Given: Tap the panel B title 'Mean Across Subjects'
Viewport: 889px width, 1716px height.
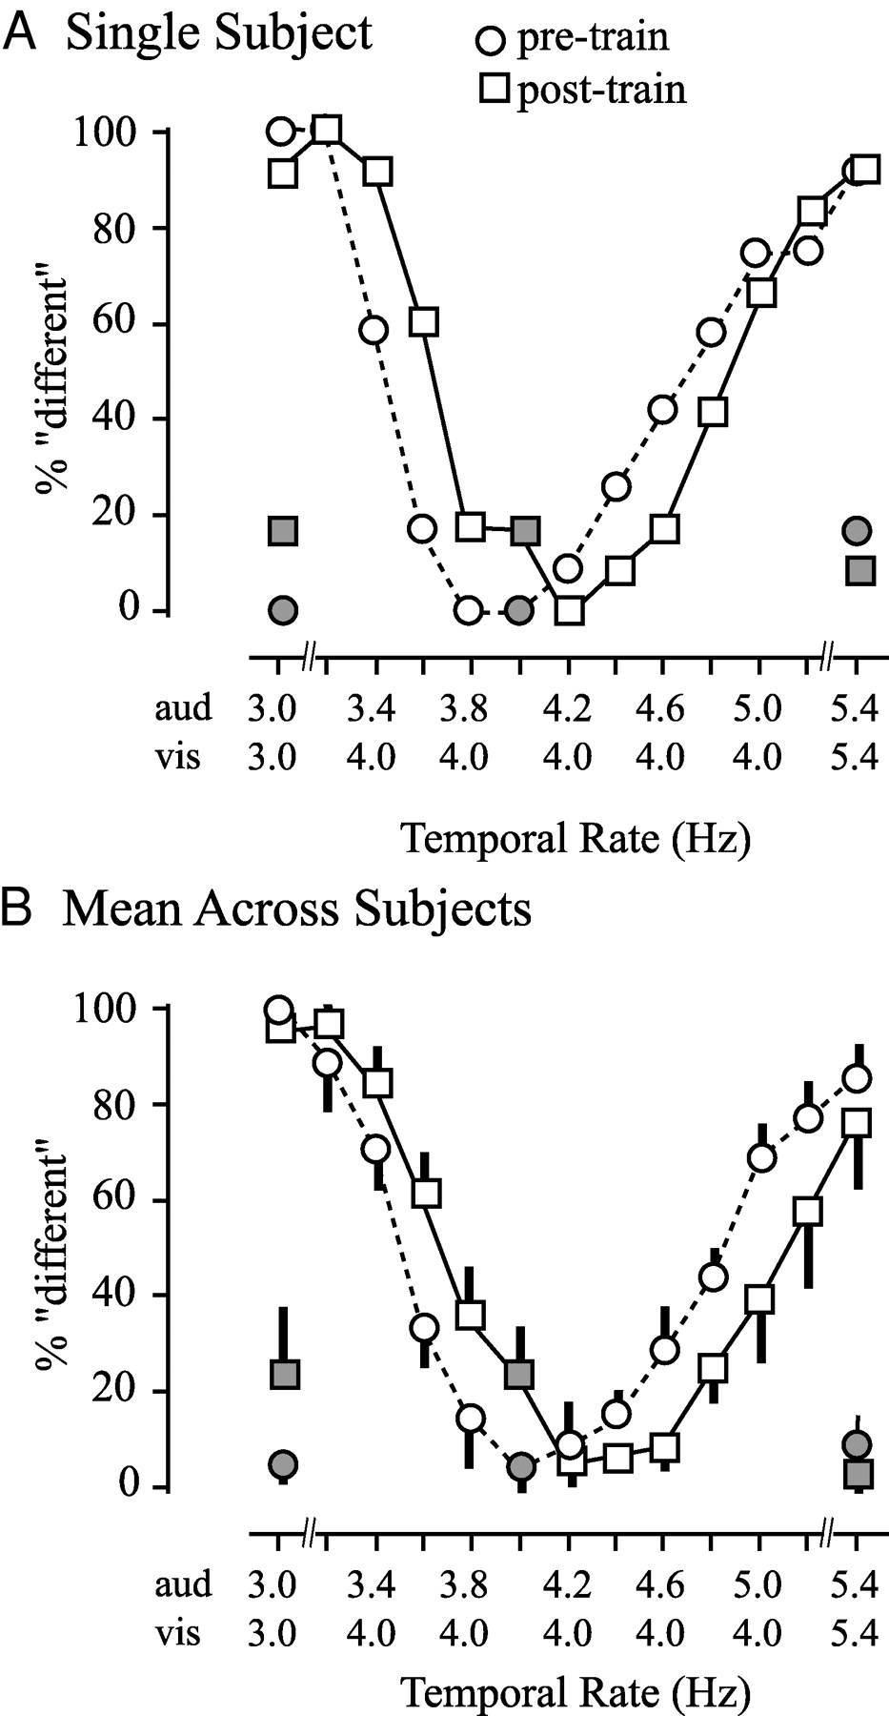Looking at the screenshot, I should pos(296,909).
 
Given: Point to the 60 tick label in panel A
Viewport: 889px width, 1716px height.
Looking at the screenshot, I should pos(122,324).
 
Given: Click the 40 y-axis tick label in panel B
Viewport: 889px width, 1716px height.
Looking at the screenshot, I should pos(122,1296).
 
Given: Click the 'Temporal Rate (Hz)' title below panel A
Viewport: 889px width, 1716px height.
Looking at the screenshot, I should pos(576,839).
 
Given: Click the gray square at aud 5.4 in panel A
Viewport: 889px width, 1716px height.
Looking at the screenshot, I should pos(860,571).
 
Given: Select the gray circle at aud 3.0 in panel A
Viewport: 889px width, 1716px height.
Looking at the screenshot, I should pos(282,609).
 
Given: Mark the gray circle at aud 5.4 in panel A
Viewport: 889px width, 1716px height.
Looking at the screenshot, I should pos(858,530).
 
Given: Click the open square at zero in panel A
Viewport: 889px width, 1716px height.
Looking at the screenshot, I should pos(570,610).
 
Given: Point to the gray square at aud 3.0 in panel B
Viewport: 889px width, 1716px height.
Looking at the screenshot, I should pos(285,1375).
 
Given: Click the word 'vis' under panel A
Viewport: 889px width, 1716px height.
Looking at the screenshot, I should pos(178,758).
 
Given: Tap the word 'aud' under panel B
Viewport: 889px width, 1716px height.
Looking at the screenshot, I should pos(183,1585).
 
